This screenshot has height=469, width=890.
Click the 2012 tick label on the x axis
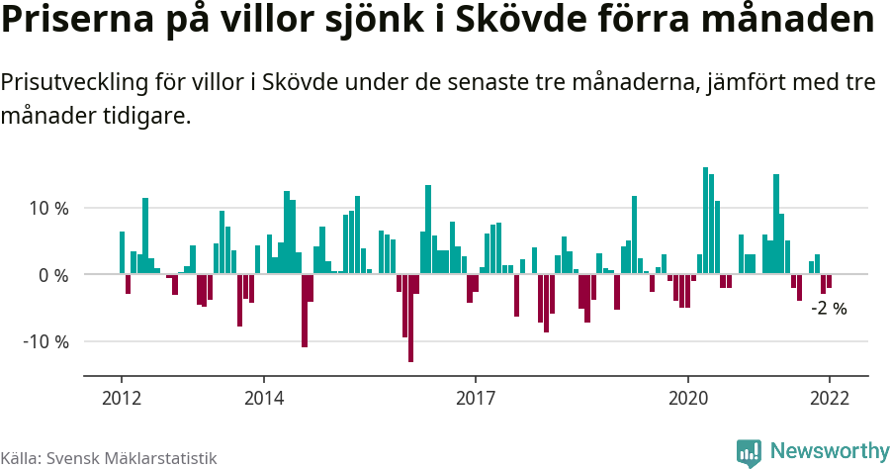[121, 398]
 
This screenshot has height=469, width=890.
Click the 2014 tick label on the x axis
[263, 398]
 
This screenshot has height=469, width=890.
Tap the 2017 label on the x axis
[476, 398]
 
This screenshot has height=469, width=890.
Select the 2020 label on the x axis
[688, 398]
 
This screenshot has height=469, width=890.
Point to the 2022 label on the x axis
[829, 398]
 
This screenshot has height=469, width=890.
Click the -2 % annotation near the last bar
[829, 308]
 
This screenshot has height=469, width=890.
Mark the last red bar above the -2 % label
[829, 281]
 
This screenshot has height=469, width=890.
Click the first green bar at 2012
[122, 253]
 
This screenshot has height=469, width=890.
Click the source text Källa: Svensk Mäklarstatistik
[109, 458]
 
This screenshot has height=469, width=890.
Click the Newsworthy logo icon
[749, 452]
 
